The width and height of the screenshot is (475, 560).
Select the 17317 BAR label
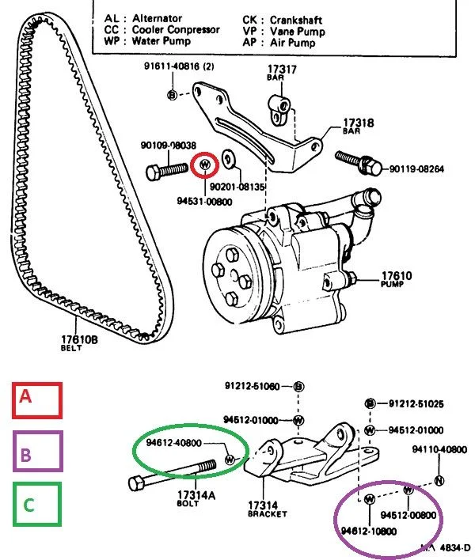[282, 72]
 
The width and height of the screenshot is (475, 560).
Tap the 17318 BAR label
[358, 126]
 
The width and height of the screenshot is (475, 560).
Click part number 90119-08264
[416, 168]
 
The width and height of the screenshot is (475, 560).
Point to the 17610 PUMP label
[396, 279]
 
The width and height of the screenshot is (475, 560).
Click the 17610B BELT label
[79, 342]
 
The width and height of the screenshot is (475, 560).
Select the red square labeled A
[37, 400]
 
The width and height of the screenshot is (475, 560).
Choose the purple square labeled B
[38, 451]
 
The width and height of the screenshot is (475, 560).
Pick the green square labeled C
[37, 505]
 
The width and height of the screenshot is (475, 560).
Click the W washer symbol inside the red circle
[204, 165]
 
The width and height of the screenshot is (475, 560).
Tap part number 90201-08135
[237, 187]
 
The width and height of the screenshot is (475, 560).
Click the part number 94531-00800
[204, 202]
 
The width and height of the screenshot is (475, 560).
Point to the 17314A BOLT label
[196, 498]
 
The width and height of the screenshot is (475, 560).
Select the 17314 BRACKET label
[267, 509]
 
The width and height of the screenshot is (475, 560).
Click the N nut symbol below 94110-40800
[439, 481]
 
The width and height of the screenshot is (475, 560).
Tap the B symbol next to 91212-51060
[298, 386]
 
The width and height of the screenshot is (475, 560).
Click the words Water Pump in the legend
[161, 40]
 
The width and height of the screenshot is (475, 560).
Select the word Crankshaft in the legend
[295, 20]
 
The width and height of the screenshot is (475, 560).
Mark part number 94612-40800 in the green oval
[174, 443]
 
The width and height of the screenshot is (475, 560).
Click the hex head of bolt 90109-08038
[154, 173]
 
